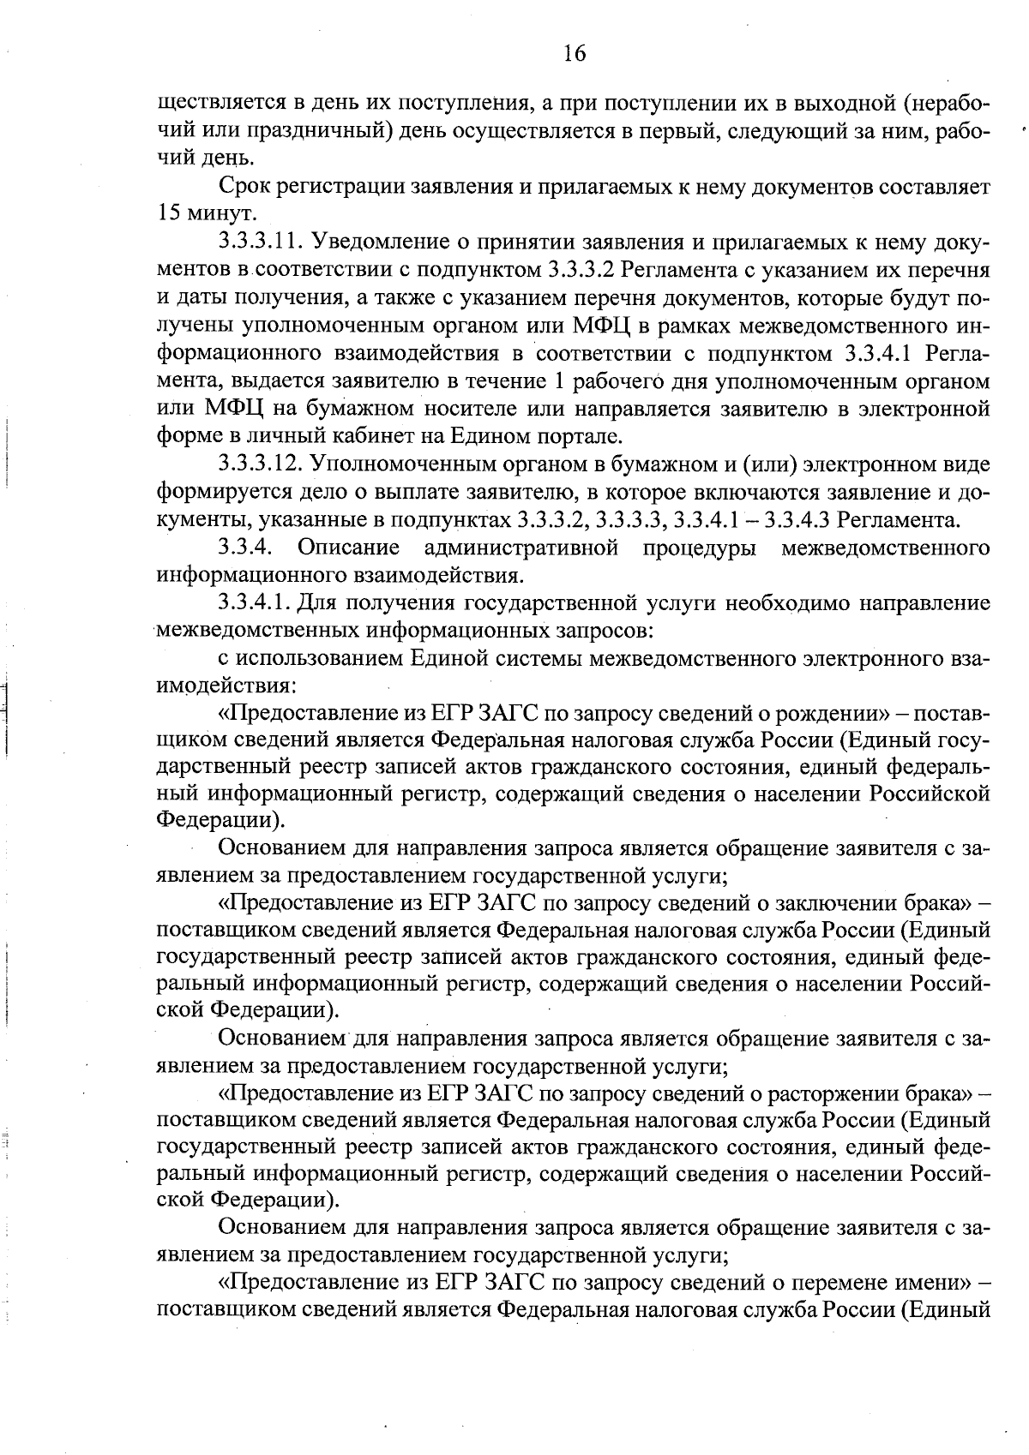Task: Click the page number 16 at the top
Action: pyautogui.click(x=574, y=54)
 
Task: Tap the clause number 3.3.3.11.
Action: pyautogui.click(x=260, y=242)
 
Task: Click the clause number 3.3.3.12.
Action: pyautogui.click(x=260, y=464)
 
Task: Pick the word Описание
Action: pyautogui.click(x=349, y=547)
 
